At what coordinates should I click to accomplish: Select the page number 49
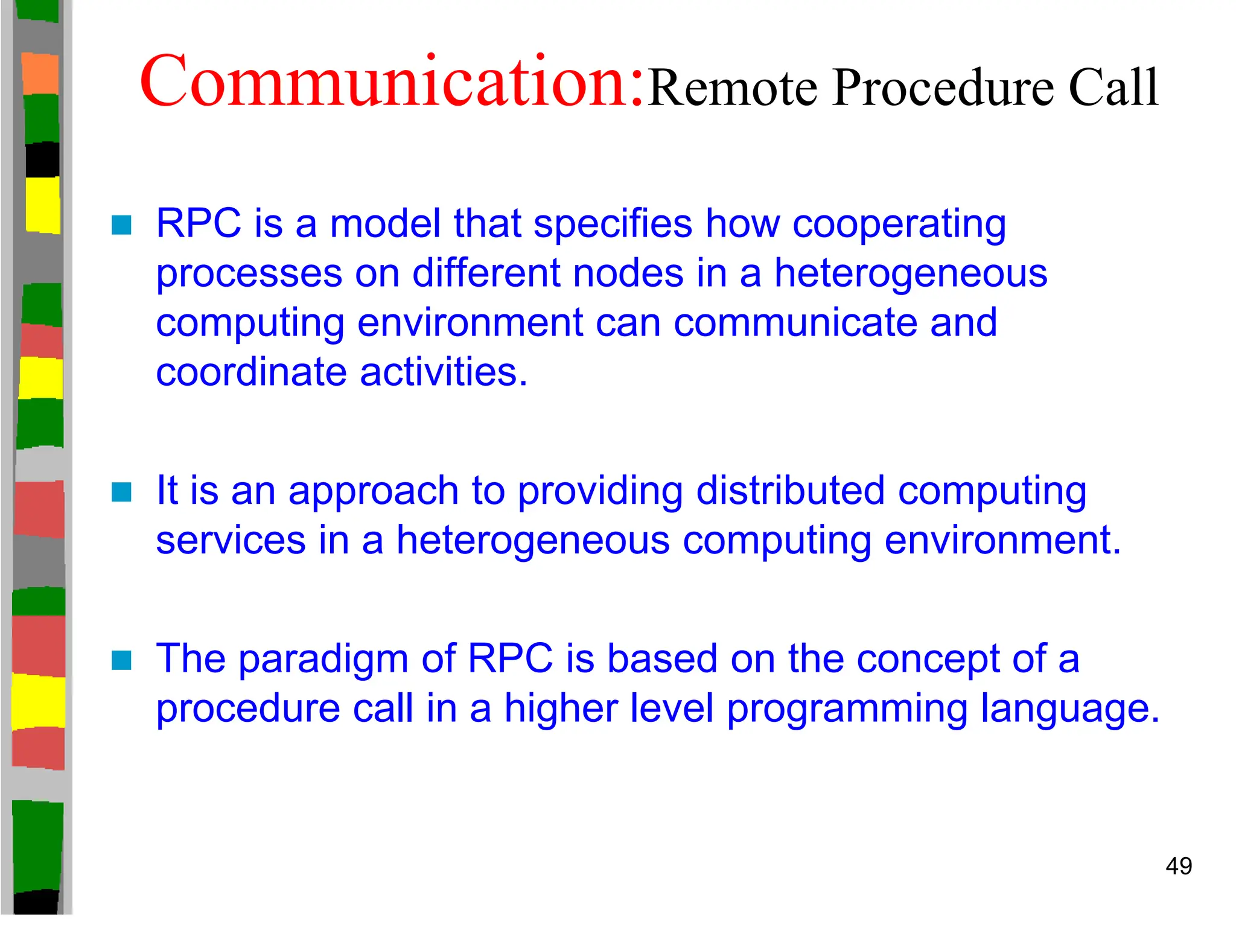pyautogui.click(x=1178, y=866)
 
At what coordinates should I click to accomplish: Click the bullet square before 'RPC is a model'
pyautogui.click(x=121, y=225)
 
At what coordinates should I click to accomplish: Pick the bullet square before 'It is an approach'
pyautogui.click(x=121, y=492)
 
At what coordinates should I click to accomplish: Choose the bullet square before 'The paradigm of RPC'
pyautogui.click(x=121, y=660)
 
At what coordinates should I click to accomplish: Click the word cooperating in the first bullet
pyautogui.click(x=899, y=225)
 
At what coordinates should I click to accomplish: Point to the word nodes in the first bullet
pyautogui.click(x=628, y=273)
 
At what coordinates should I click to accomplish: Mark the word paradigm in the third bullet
pyautogui.click(x=323, y=658)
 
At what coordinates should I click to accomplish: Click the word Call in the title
pyautogui.click(x=1113, y=89)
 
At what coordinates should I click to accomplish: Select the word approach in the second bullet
pyautogui.click(x=374, y=491)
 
